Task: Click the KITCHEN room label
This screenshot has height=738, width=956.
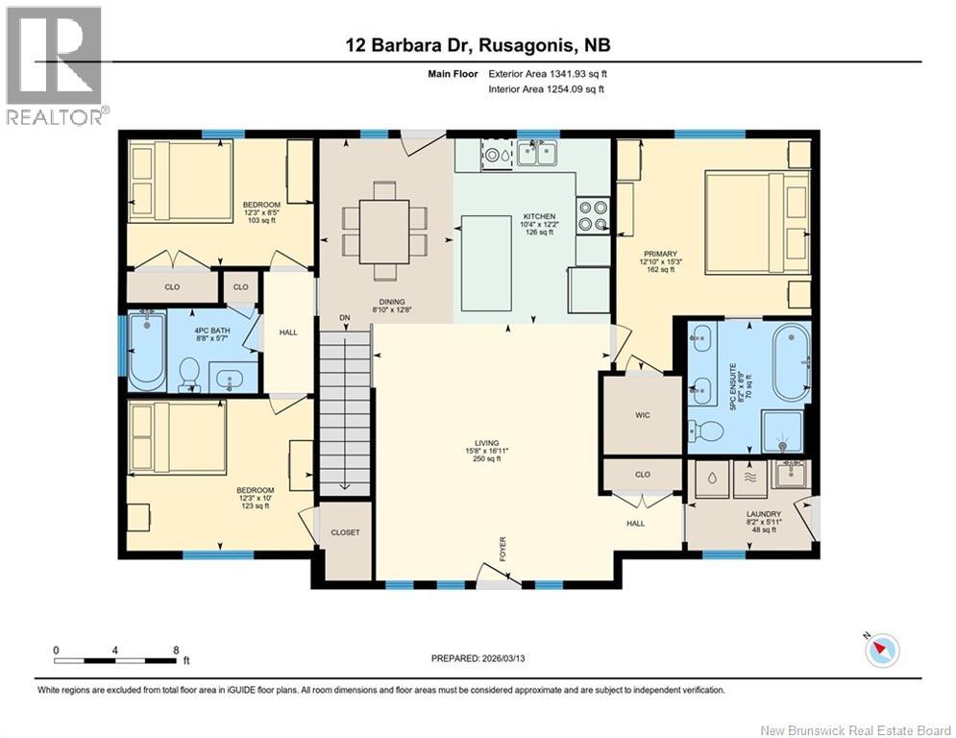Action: point(533,216)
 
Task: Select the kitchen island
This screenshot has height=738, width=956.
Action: point(486,263)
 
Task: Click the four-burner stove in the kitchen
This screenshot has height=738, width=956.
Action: point(593,215)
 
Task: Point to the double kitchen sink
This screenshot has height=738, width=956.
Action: point(536,153)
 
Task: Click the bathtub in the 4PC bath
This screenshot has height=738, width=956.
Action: point(147,351)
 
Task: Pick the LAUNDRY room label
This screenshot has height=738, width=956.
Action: point(765,514)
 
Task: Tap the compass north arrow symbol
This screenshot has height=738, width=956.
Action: point(881,651)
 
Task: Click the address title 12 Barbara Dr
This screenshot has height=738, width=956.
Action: point(479,45)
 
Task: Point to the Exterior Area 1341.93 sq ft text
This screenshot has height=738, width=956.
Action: point(547,73)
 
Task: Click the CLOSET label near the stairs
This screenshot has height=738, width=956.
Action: point(344,531)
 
